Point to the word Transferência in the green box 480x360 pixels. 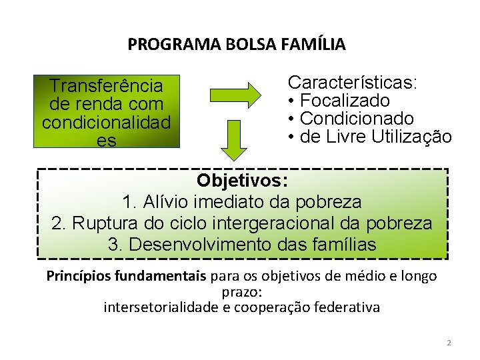pyautogui.click(x=107, y=86)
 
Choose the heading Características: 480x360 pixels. pyautogui.click(x=353, y=83)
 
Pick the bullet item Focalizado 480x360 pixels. pyautogui.click(x=345, y=101)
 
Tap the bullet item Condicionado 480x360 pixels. pyautogui.click(x=357, y=119)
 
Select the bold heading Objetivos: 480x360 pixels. pyautogui.click(x=242, y=181)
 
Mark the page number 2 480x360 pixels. pyautogui.click(x=449, y=343)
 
